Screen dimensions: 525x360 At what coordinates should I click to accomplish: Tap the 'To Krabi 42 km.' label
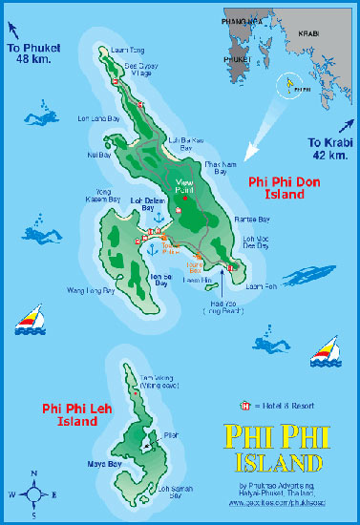click(328, 149)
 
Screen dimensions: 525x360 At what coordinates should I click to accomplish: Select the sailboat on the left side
click(30, 320)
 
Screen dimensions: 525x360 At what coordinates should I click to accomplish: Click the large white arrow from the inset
click(263, 137)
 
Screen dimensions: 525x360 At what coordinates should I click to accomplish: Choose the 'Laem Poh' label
click(260, 285)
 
